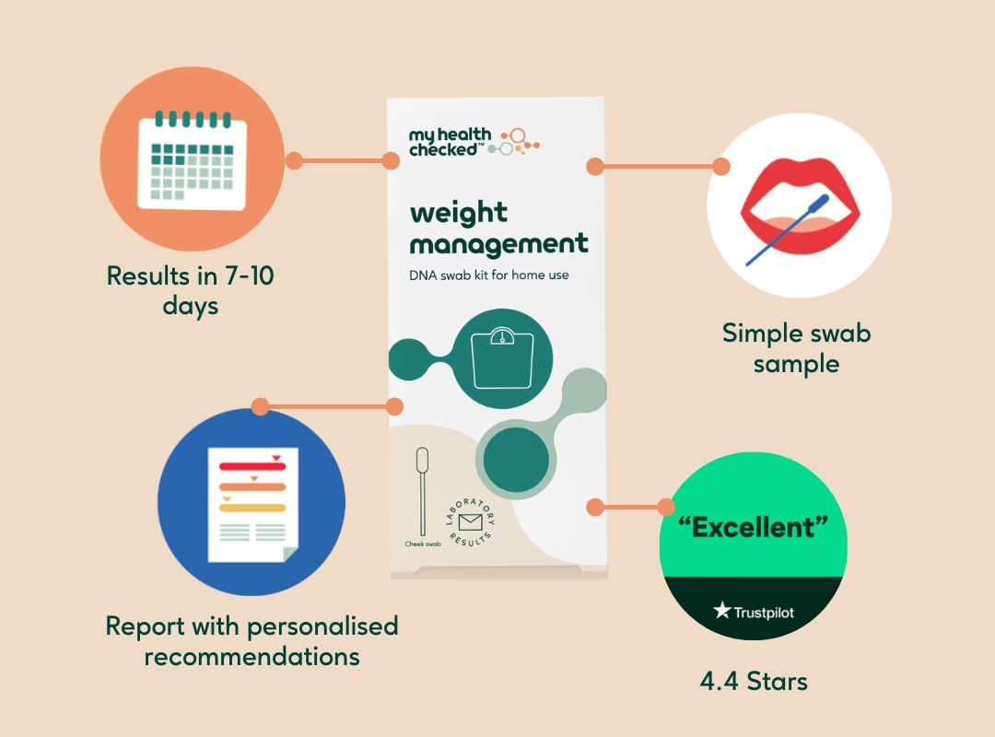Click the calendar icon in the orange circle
tap(192, 158)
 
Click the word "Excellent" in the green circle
tap(753, 528)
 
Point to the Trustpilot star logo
tap(722, 611)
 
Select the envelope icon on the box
tap(471, 523)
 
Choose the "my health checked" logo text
tap(451, 143)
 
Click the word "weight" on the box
tap(458, 214)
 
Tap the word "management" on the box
tap(498, 245)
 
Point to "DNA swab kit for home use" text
tap(496, 275)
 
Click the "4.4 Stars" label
tap(753, 682)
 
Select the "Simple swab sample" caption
tap(796, 347)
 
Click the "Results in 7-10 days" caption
tap(190, 289)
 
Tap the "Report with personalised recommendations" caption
tap(252, 641)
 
